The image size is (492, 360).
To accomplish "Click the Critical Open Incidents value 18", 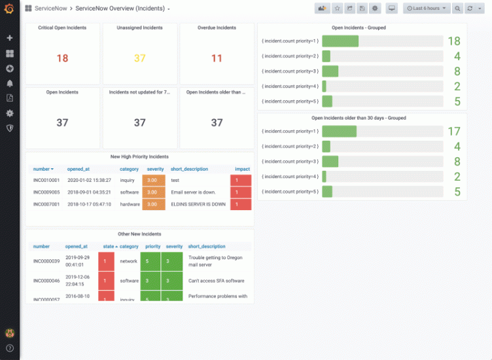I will [62, 58].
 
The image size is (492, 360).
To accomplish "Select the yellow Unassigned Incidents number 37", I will [139, 58].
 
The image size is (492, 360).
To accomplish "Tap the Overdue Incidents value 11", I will [217, 58].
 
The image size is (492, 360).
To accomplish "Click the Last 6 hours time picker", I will [427, 9].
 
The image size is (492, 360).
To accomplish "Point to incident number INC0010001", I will [46, 180].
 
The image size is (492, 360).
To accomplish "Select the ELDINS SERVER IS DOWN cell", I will [198, 204].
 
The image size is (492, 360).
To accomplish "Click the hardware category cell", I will [130, 204].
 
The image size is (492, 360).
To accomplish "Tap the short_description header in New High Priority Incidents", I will [189, 169].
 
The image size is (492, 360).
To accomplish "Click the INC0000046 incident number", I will [46, 280].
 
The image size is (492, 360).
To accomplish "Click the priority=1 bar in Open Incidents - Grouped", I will [340, 41].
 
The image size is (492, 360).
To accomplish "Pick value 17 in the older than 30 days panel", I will [453, 132].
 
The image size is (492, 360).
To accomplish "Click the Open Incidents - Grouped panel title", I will [359, 28].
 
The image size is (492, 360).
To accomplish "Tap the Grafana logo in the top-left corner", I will [9, 9].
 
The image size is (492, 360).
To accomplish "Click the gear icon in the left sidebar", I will [10, 113].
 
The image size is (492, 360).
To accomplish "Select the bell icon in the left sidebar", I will [10, 83].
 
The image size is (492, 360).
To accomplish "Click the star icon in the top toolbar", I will [338, 9].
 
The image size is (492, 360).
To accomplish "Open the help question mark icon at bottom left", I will [10, 348].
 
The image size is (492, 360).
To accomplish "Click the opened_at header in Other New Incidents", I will [77, 247].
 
